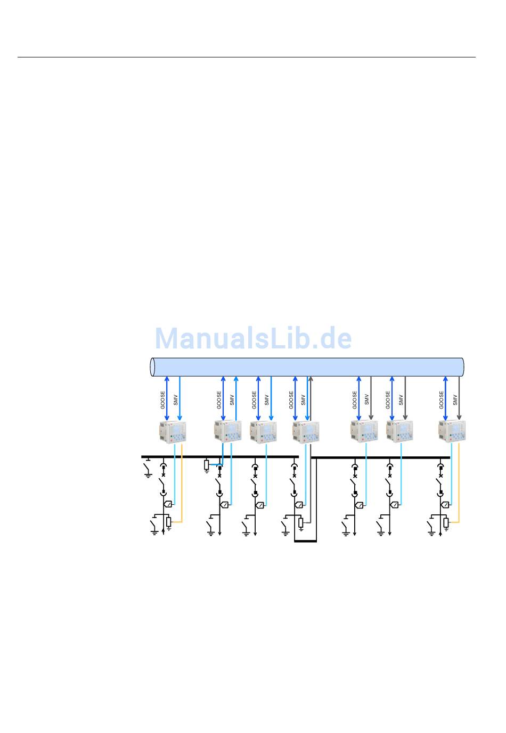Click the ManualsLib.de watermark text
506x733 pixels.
[x=253, y=338]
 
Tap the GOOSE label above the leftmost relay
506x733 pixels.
[x=163, y=399]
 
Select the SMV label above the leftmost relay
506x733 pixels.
[x=176, y=399]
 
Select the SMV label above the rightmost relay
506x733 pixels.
[x=455, y=399]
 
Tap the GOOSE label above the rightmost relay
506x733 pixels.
[x=442, y=399]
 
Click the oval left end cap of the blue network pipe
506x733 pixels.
[x=153, y=366]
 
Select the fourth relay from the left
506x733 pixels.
[x=305, y=431]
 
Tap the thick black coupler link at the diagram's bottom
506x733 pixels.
[x=306, y=541]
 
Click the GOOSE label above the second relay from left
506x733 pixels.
[x=219, y=399]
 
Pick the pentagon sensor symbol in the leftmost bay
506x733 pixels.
[x=168, y=504]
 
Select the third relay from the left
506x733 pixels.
[x=263, y=431]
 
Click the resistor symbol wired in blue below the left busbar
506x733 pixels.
[x=207, y=465]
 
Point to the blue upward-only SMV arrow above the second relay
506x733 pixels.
[x=236, y=398]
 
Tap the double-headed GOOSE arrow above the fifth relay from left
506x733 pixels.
[x=359, y=398]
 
